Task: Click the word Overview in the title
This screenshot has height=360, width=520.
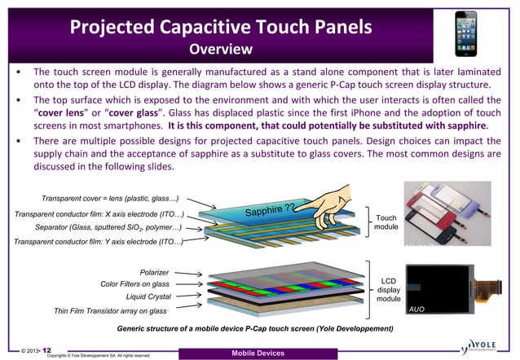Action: [x=221, y=50]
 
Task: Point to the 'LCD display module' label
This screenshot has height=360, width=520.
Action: [x=389, y=289]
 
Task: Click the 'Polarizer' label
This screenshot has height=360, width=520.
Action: [x=154, y=272]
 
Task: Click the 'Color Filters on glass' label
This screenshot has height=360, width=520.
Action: [x=134, y=284]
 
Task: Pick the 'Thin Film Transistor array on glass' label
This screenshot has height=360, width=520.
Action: [x=110, y=311]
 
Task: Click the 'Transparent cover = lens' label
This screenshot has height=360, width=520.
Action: [x=111, y=199]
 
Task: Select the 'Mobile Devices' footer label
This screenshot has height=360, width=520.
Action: [x=258, y=353]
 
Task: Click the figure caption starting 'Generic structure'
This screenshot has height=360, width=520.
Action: [x=255, y=328]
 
